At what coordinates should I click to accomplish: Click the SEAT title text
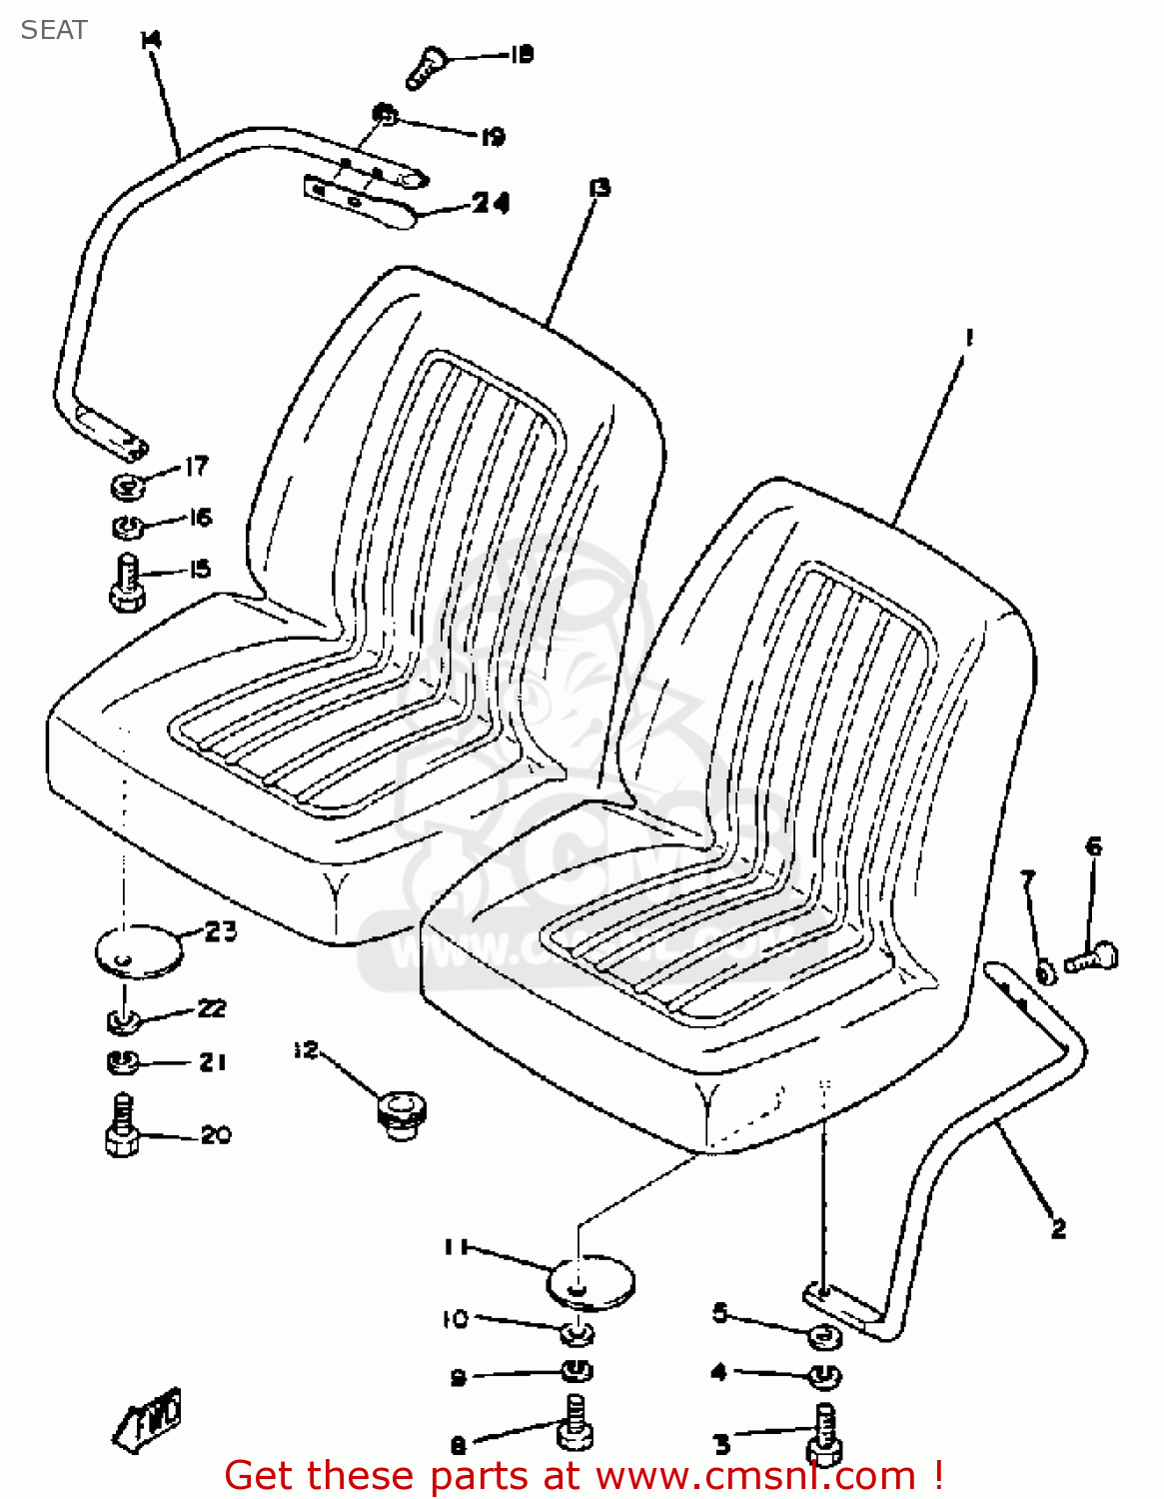(x=54, y=30)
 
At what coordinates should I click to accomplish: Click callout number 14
(x=151, y=40)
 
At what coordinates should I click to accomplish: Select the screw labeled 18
(x=426, y=68)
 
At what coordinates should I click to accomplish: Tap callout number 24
(x=491, y=203)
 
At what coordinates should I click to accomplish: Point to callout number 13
(x=599, y=187)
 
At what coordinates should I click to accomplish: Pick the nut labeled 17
(x=127, y=487)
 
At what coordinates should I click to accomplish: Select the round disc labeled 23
(x=139, y=948)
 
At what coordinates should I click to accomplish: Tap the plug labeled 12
(x=402, y=1113)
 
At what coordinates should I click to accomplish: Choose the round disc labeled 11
(x=591, y=1280)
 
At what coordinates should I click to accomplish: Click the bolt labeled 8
(x=575, y=1422)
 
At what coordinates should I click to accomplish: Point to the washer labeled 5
(x=823, y=1335)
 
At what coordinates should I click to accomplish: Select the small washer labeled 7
(x=1045, y=971)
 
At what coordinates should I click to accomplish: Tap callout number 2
(x=1058, y=1228)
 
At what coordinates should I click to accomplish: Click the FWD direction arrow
(x=148, y=1417)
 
